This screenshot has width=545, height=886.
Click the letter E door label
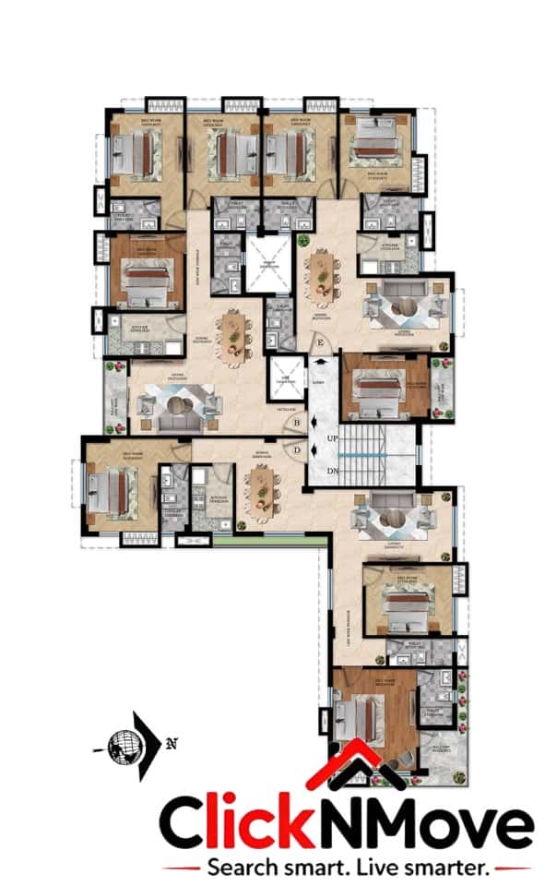(x=320, y=344)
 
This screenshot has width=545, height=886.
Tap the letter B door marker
(x=296, y=424)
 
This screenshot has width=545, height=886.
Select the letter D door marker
(x=296, y=450)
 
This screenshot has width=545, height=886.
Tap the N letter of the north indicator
(x=172, y=743)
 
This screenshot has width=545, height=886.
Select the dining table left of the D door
(x=261, y=488)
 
